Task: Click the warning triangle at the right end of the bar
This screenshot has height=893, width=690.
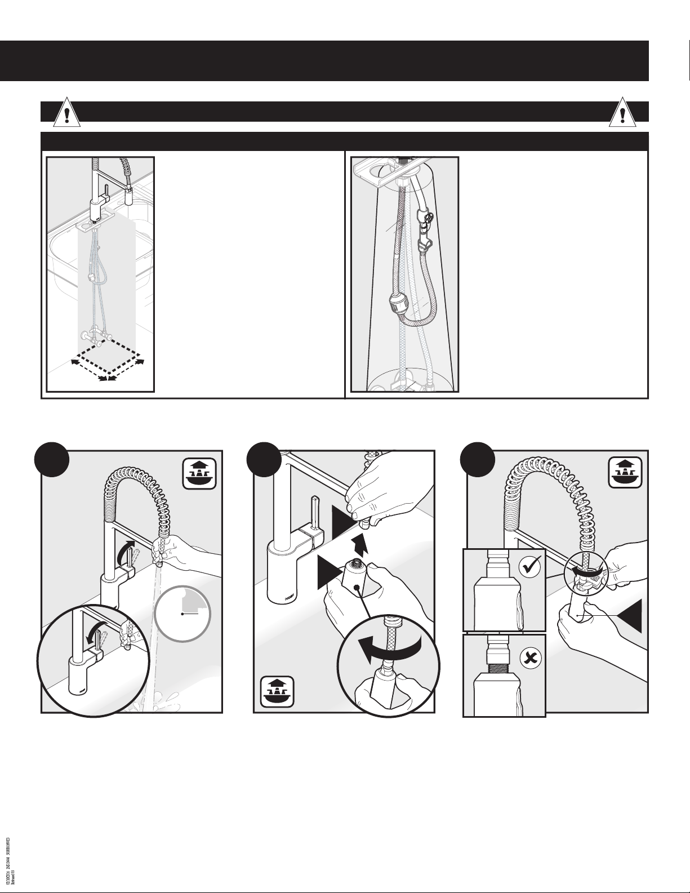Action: (623, 114)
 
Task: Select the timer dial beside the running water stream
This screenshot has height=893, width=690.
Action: (183, 613)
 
